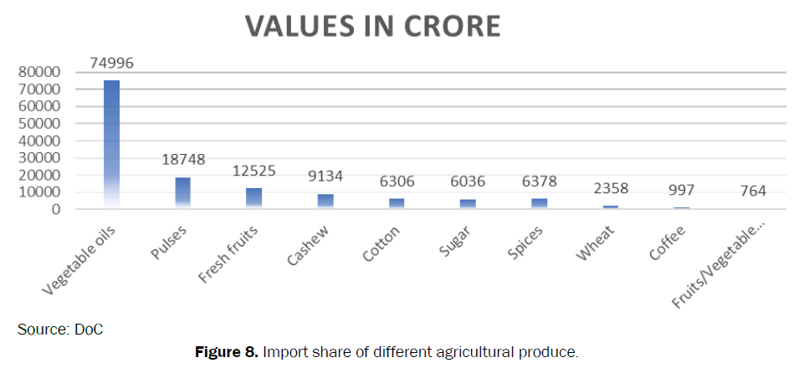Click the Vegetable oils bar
click(x=111, y=142)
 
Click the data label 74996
click(x=112, y=64)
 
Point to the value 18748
click(x=183, y=160)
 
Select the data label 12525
click(x=253, y=171)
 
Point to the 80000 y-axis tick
click(x=39, y=72)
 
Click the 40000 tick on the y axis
click(x=39, y=141)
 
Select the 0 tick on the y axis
click(x=57, y=209)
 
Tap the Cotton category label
click(x=381, y=242)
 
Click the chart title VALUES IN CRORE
click(x=372, y=26)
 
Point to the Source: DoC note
click(x=60, y=330)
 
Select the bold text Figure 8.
click(x=227, y=352)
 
